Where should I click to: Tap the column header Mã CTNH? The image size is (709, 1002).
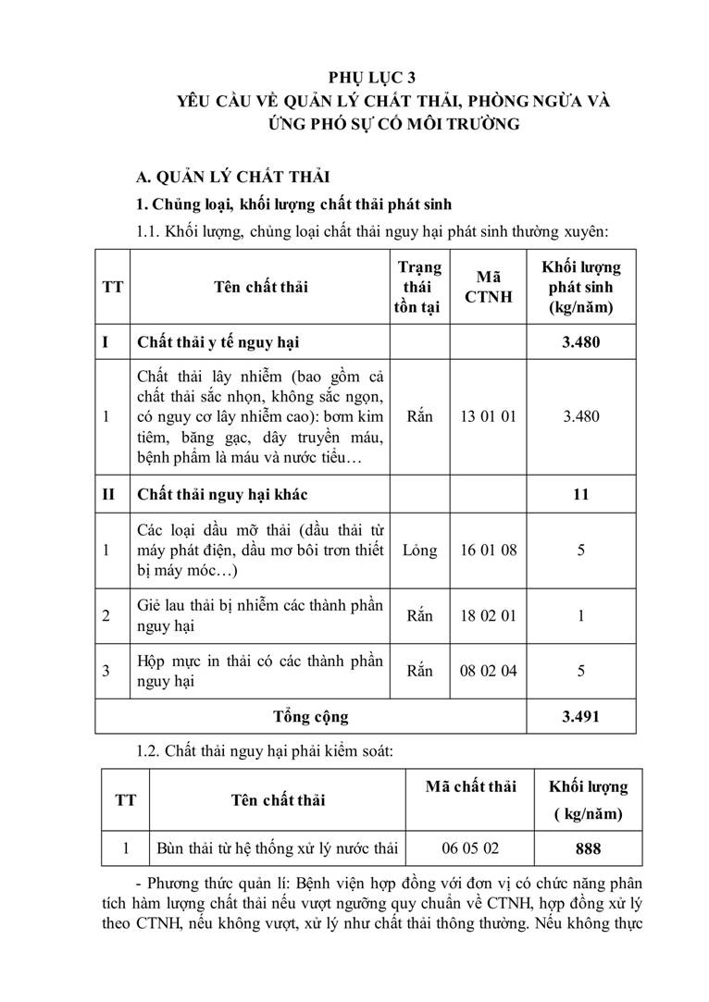[x=488, y=287]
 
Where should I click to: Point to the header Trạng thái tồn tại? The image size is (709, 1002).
[x=419, y=287]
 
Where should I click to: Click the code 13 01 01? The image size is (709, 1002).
[x=488, y=416]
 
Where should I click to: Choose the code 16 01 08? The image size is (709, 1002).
[x=488, y=550]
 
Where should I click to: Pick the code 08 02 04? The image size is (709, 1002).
[x=488, y=671]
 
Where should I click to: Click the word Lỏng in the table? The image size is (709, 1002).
[x=419, y=550]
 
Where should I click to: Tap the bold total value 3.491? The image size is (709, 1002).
[x=581, y=716]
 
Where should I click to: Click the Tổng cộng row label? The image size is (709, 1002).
[x=310, y=716]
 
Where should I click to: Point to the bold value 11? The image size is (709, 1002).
[x=581, y=494]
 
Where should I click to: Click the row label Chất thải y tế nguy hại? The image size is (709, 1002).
[x=218, y=342]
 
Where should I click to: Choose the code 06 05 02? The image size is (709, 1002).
[x=469, y=848]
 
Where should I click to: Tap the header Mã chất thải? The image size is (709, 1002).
[x=469, y=787]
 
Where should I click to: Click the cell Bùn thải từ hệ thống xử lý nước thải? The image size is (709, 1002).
[x=276, y=848]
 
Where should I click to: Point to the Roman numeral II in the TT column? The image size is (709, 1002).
[x=108, y=494]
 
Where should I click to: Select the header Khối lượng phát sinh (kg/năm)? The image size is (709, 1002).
[x=581, y=287]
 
